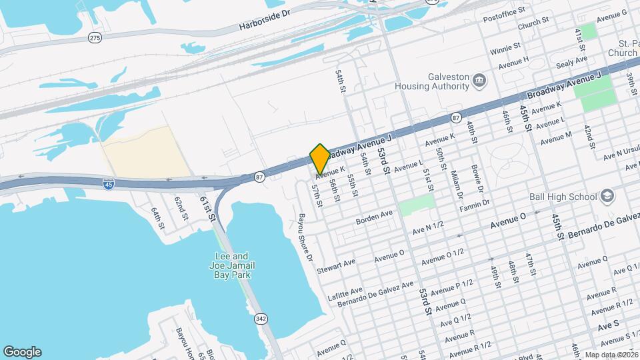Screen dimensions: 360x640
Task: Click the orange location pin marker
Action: [320, 159]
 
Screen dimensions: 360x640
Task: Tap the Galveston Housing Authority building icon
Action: [479, 81]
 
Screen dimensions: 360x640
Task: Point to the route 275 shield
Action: [95, 38]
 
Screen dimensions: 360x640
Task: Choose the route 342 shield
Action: [260, 319]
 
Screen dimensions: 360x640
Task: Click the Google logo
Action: [22, 352]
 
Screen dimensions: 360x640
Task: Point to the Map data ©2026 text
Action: [610, 355]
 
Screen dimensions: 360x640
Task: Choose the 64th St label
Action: [157, 219]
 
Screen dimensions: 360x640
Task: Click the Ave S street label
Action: [608, 324]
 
